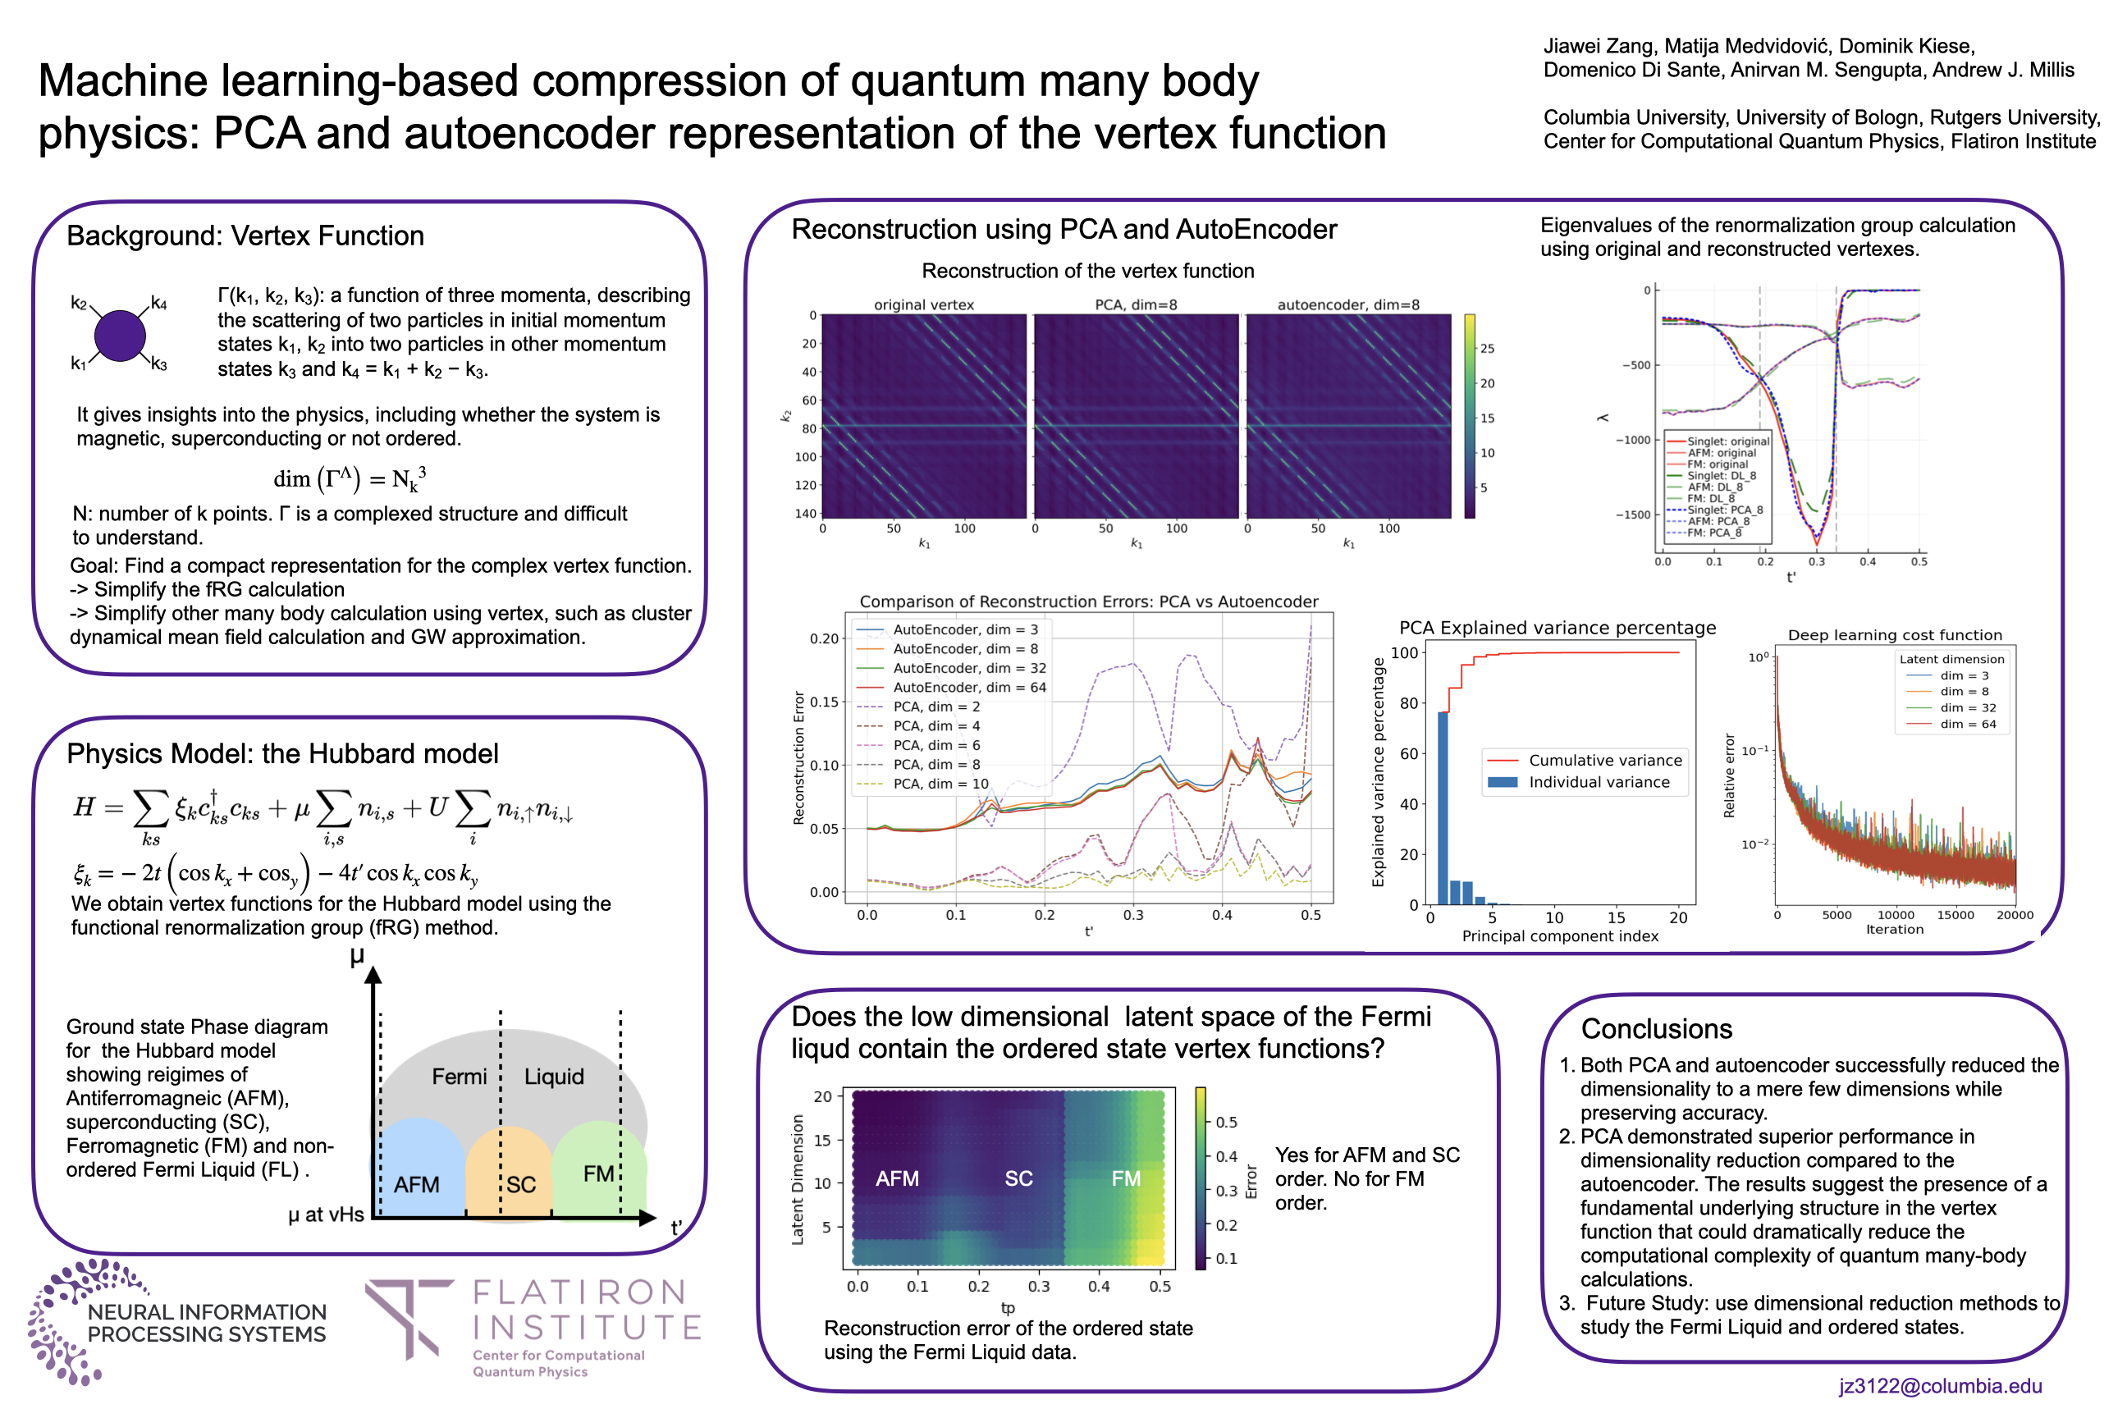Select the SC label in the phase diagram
tap(521, 1184)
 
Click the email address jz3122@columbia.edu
tap(1940, 1385)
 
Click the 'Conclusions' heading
tap(1656, 1028)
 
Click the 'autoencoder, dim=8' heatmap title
tap(1347, 304)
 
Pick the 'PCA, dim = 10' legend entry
tap(940, 783)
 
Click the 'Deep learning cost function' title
tap(1895, 635)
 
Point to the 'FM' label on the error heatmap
tap(1125, 1178)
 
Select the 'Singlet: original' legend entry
tap(1727, 441)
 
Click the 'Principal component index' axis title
tap(1560, 936)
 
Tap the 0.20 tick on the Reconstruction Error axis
tap(824, 638)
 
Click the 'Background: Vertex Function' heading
tap(245, 236)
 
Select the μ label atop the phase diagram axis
tap(357, 956)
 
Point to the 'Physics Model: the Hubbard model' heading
tap(282, 753)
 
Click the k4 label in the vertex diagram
tap(159, 303)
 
